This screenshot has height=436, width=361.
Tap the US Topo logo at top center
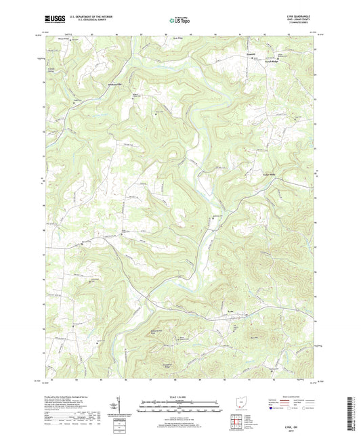[179, 21]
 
